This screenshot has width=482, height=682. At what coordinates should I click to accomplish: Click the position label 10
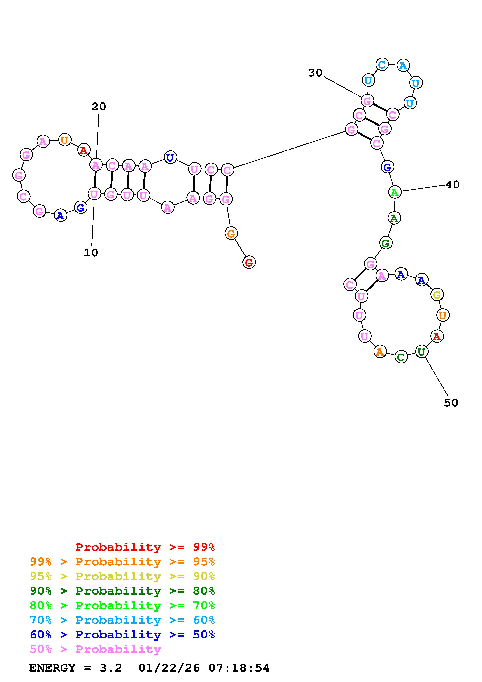click(91, 253)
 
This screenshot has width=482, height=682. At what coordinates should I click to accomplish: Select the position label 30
click(315, 73)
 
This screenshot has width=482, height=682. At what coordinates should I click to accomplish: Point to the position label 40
click(453, 185)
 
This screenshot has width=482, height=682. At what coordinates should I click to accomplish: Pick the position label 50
click(451, 403)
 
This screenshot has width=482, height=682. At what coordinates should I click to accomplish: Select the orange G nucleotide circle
click(231, 233)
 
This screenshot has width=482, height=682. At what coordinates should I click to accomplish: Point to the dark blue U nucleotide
click(170, 157)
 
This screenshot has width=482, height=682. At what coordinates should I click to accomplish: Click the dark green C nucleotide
click(401, 357)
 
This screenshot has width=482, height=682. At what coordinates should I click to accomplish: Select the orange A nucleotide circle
click(380, 352)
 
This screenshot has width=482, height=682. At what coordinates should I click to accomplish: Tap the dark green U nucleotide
click(421, 352)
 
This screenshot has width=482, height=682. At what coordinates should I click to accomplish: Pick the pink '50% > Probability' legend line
click(95, 649)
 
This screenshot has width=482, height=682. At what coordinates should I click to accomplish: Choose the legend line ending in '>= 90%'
click(122, 576)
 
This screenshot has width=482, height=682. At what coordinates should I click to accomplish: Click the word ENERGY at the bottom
click(52, 668)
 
